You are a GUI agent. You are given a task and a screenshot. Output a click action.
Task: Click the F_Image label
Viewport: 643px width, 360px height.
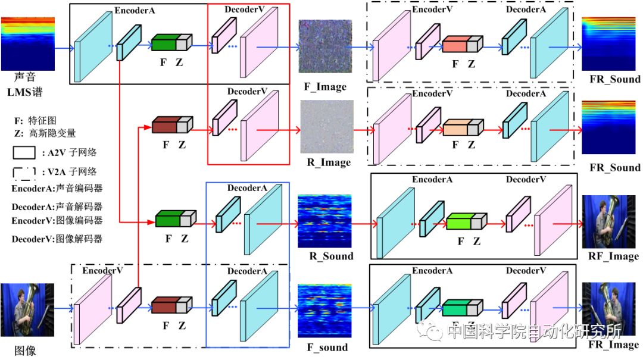[325, 87]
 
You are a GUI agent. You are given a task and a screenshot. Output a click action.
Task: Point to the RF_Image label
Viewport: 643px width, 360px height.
[613, 256]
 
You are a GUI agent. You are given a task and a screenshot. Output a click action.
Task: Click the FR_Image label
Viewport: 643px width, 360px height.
[613, 345]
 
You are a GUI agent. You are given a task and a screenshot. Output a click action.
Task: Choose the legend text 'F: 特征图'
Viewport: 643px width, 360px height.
[39, 120]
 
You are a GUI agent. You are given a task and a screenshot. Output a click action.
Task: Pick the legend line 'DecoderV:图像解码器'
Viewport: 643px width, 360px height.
[57, 239]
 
